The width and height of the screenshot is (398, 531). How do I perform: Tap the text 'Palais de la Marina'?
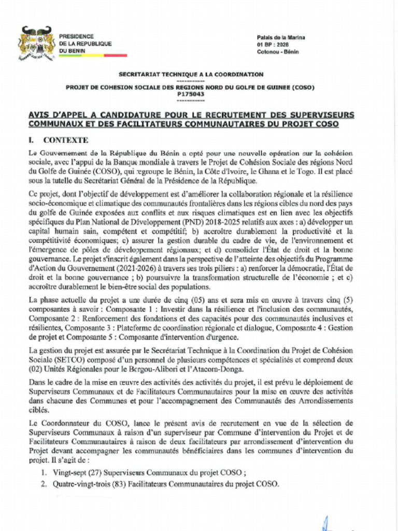tap(281, 38)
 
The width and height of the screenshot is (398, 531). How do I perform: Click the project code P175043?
tap(190, 94)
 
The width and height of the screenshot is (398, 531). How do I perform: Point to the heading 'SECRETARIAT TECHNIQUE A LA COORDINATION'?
tap(191, 75)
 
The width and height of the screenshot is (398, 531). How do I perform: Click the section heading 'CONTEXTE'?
tap(66, 140)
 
